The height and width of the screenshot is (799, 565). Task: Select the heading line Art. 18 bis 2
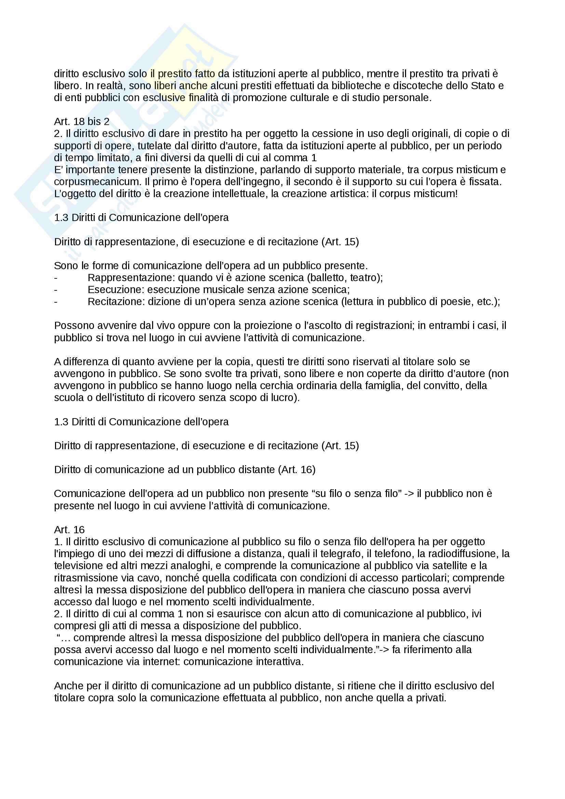(82, 122)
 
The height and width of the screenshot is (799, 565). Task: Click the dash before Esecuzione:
(56, 290)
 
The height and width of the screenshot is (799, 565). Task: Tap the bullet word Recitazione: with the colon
(116, 302)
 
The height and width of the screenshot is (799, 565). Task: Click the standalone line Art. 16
(69, 530)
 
